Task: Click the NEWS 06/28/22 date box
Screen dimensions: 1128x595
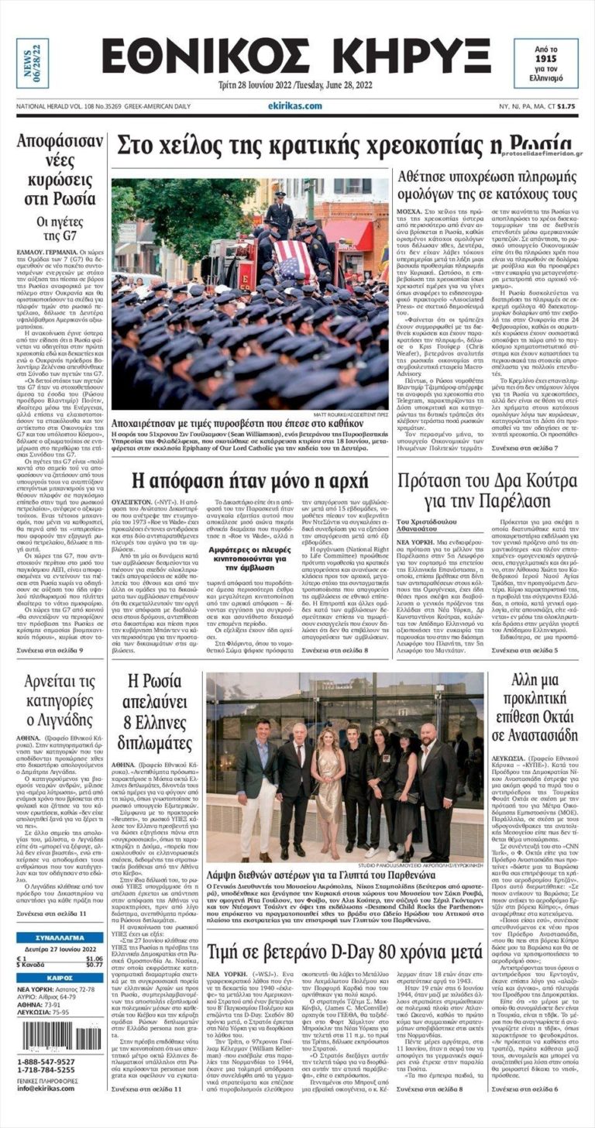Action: point(33,64)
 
